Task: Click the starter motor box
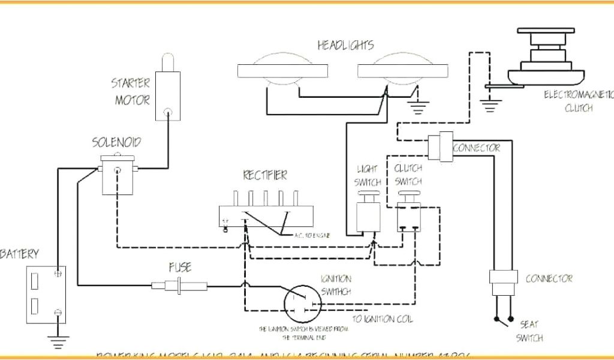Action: (x=168, y=96)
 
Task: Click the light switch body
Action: (x=366, y=217)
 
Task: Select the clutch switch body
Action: (x=410, y=217)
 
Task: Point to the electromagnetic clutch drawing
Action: (x=546, y=60)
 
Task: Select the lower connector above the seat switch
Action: (x=503, y=278)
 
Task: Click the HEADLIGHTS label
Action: (x=345, y=45)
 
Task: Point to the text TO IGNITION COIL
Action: (x=383, y=319)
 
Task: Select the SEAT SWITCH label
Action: (x=529, y=331)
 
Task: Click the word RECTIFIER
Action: (x=264, y=176)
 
